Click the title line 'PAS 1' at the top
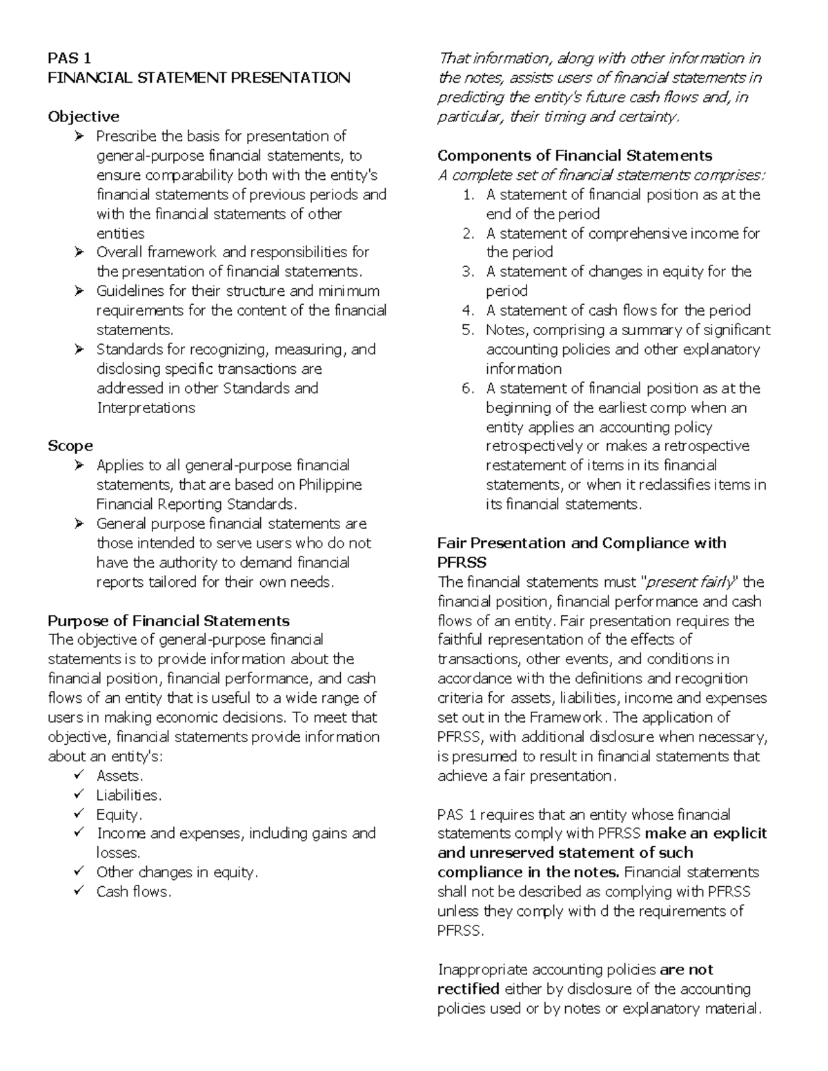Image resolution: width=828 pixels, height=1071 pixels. coord(69,58)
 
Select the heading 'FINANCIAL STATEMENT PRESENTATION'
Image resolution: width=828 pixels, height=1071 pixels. coord(199,77)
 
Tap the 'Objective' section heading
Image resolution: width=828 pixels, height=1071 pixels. coord(83,117)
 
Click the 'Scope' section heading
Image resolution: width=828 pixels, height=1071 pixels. coord(70,446)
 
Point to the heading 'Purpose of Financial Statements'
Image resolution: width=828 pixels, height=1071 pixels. coord(168,621)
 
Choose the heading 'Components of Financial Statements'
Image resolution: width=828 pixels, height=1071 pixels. coord(575,155)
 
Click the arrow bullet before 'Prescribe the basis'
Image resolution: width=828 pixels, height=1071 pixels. coord(79,136)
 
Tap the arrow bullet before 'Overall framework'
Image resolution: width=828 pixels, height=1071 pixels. coord(79,252)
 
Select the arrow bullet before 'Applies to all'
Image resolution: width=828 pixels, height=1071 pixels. coord(79,466)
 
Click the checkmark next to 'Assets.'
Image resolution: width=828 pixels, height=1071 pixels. coord(79,776)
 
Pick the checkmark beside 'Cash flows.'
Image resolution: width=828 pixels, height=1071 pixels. coord(79,892)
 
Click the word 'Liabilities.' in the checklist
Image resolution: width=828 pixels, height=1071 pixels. coord(129,795)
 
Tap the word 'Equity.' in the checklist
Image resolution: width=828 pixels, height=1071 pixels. coord(119,814)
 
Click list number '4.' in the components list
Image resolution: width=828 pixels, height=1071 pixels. coord(469,310)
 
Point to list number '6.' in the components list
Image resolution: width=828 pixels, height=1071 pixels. coord(469,388)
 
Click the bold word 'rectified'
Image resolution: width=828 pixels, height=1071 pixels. coord(469,989)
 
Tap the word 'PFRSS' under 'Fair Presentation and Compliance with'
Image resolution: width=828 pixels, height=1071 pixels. coord(462,562)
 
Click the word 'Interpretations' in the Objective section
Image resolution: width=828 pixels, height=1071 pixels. coord(146,408)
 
